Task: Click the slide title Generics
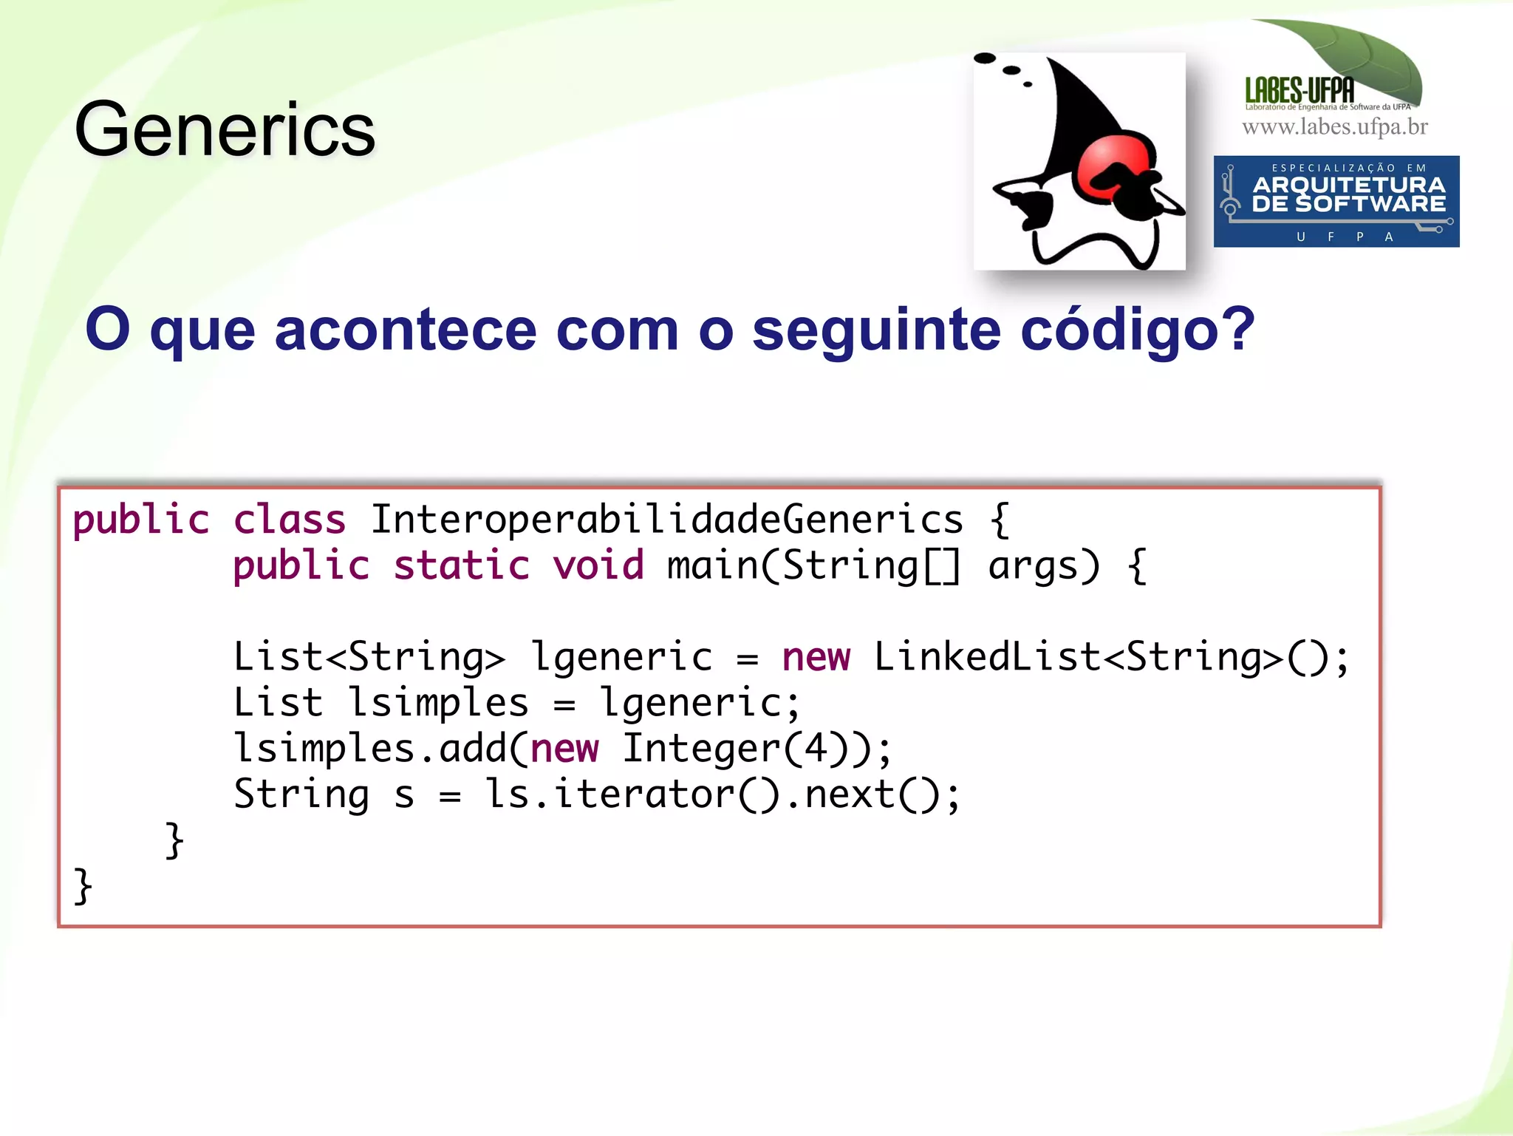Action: [225, 130]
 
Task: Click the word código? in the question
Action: [1138, 330]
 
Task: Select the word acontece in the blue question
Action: [406, 330]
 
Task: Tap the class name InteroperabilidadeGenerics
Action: [666, 520]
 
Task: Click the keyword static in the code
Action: [462, 566]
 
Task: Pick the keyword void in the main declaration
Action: [598, 566]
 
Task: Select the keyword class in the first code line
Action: [290, 520]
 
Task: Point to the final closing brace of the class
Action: [83, 885]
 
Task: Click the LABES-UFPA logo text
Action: [1299, 91]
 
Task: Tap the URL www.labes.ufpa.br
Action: [1335, 127]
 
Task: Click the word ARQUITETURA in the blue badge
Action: [1348, 185]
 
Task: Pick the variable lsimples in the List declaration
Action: [438, 703]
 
